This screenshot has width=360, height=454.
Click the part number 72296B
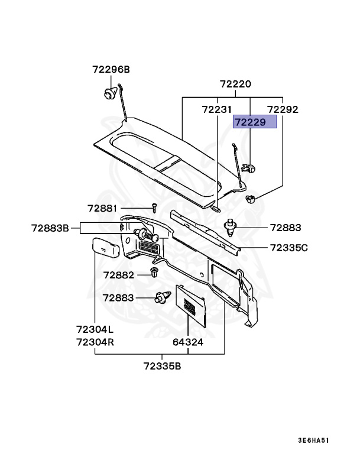pyautogui.click(x=110, y=69)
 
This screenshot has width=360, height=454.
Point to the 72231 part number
pyautogui.click(x=217, y=109)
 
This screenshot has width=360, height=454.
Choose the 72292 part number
pyautogui.click(x=283, y=109)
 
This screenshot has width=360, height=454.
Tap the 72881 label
pyautogui.click(x=103, y=208)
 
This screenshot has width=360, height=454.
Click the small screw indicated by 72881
pyautogui.click(x=153, y=208)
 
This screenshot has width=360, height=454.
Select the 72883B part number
pyautogui.click(x=51, y=227)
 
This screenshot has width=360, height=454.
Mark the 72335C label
pyautogui.click(x=288, y=247)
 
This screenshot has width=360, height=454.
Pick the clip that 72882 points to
pyautogui.click(x=154, y=273)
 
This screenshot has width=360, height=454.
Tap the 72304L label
pyautogui.click(x=95, y=329)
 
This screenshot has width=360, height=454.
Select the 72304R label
pyautogui.click(x=95, y=342)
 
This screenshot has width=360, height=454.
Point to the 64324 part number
pyautogui.click(x=188, y=342)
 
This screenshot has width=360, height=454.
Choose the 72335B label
pyautogui.click(x=162, y=366)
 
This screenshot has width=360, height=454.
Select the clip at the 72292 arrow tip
pyautogui.click(x=251, y=199)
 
